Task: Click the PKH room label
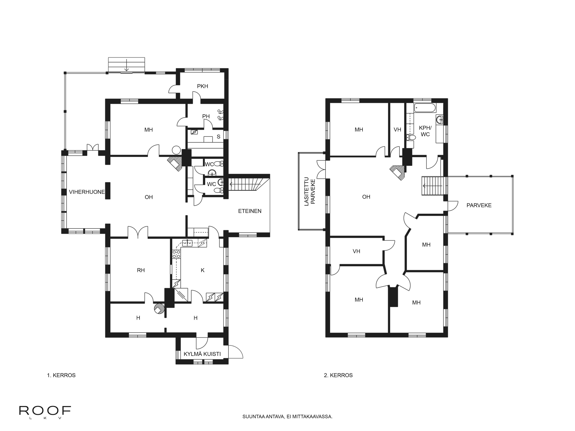pyautogui.click(x=203, y=86)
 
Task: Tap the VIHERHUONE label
pyautogui.click(x=87, y=192)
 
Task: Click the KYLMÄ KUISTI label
pyautogui.click(x=202, y=354)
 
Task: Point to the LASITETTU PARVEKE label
pyautogui.click(x=310, y=192)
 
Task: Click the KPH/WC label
pyautogui.click(x=425, y=131)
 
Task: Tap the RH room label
pyautogui.click(x=141, y=270)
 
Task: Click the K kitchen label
pyautogui.click(x=203, y=270)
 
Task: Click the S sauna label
pyautogui.click(x=219, y=137)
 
